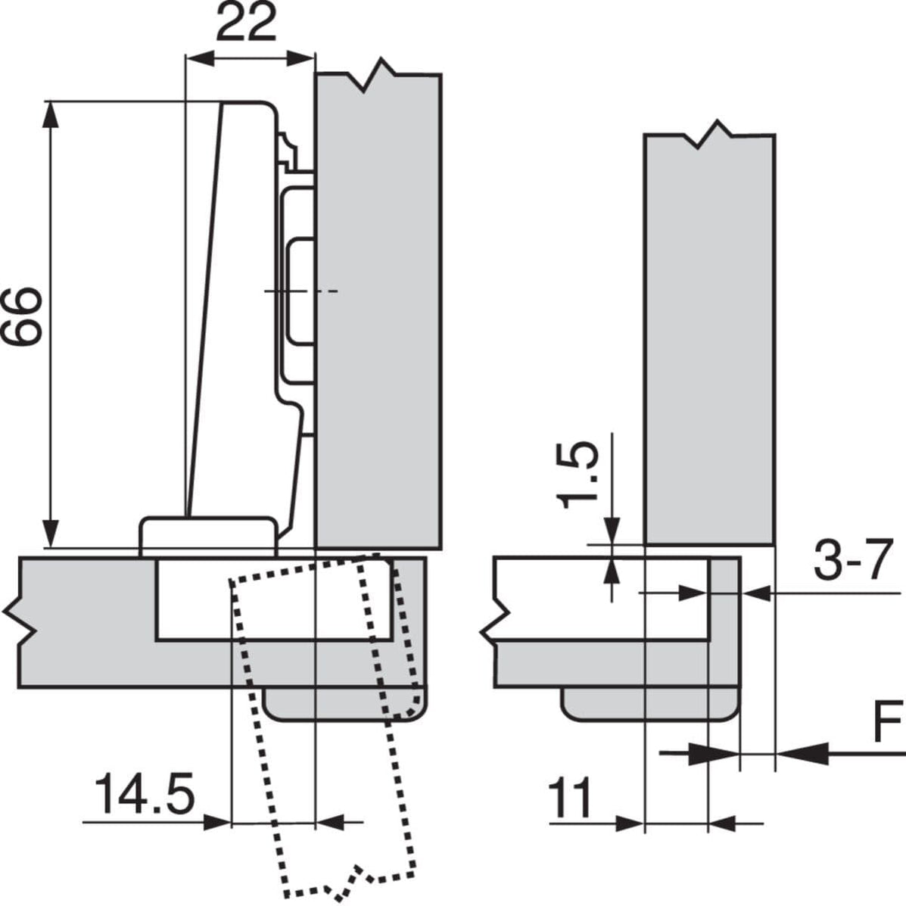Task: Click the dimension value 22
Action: (x=246, y=26)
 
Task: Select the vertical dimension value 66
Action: (x=20, y=316)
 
